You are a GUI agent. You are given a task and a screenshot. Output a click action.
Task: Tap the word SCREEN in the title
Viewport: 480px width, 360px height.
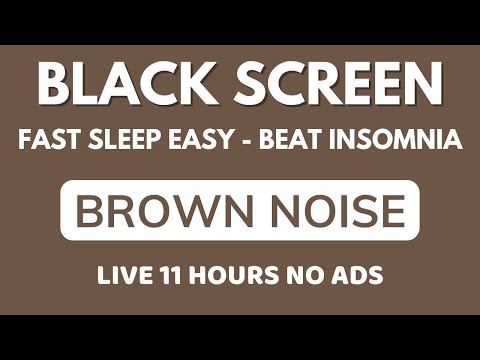click(338, 88)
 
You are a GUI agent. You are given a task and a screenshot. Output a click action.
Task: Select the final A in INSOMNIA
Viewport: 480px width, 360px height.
click(451, 140)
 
